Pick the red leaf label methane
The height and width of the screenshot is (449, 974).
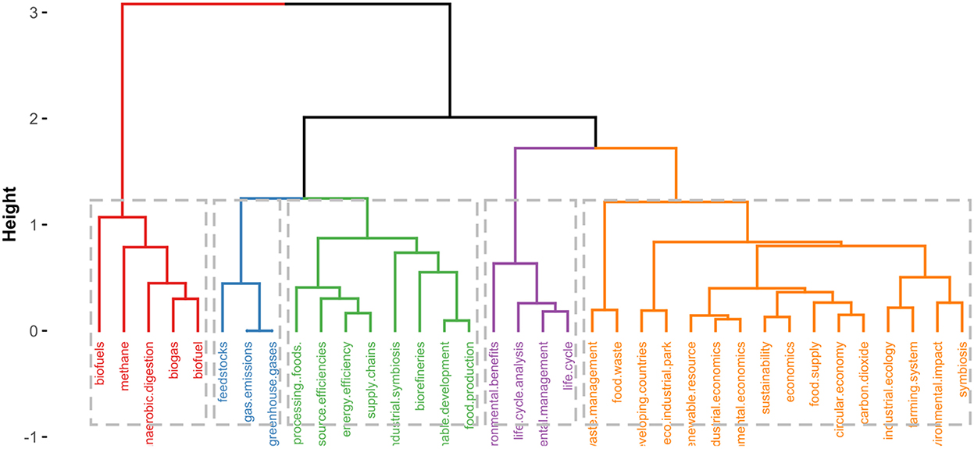pos(124,367)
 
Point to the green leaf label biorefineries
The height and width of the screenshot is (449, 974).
pos(420,372)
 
